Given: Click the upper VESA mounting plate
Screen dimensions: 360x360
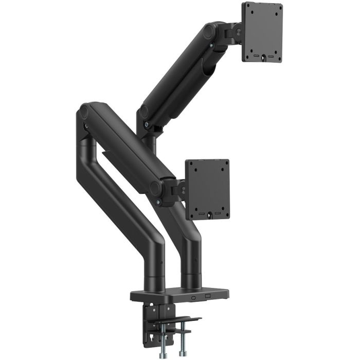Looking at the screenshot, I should coord(262,31).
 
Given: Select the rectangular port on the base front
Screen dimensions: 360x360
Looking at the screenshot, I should coord(208,296).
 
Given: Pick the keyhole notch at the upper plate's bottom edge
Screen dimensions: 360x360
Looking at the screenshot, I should coord(263,58).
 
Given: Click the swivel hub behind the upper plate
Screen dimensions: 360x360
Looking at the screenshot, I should coord(238,32).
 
